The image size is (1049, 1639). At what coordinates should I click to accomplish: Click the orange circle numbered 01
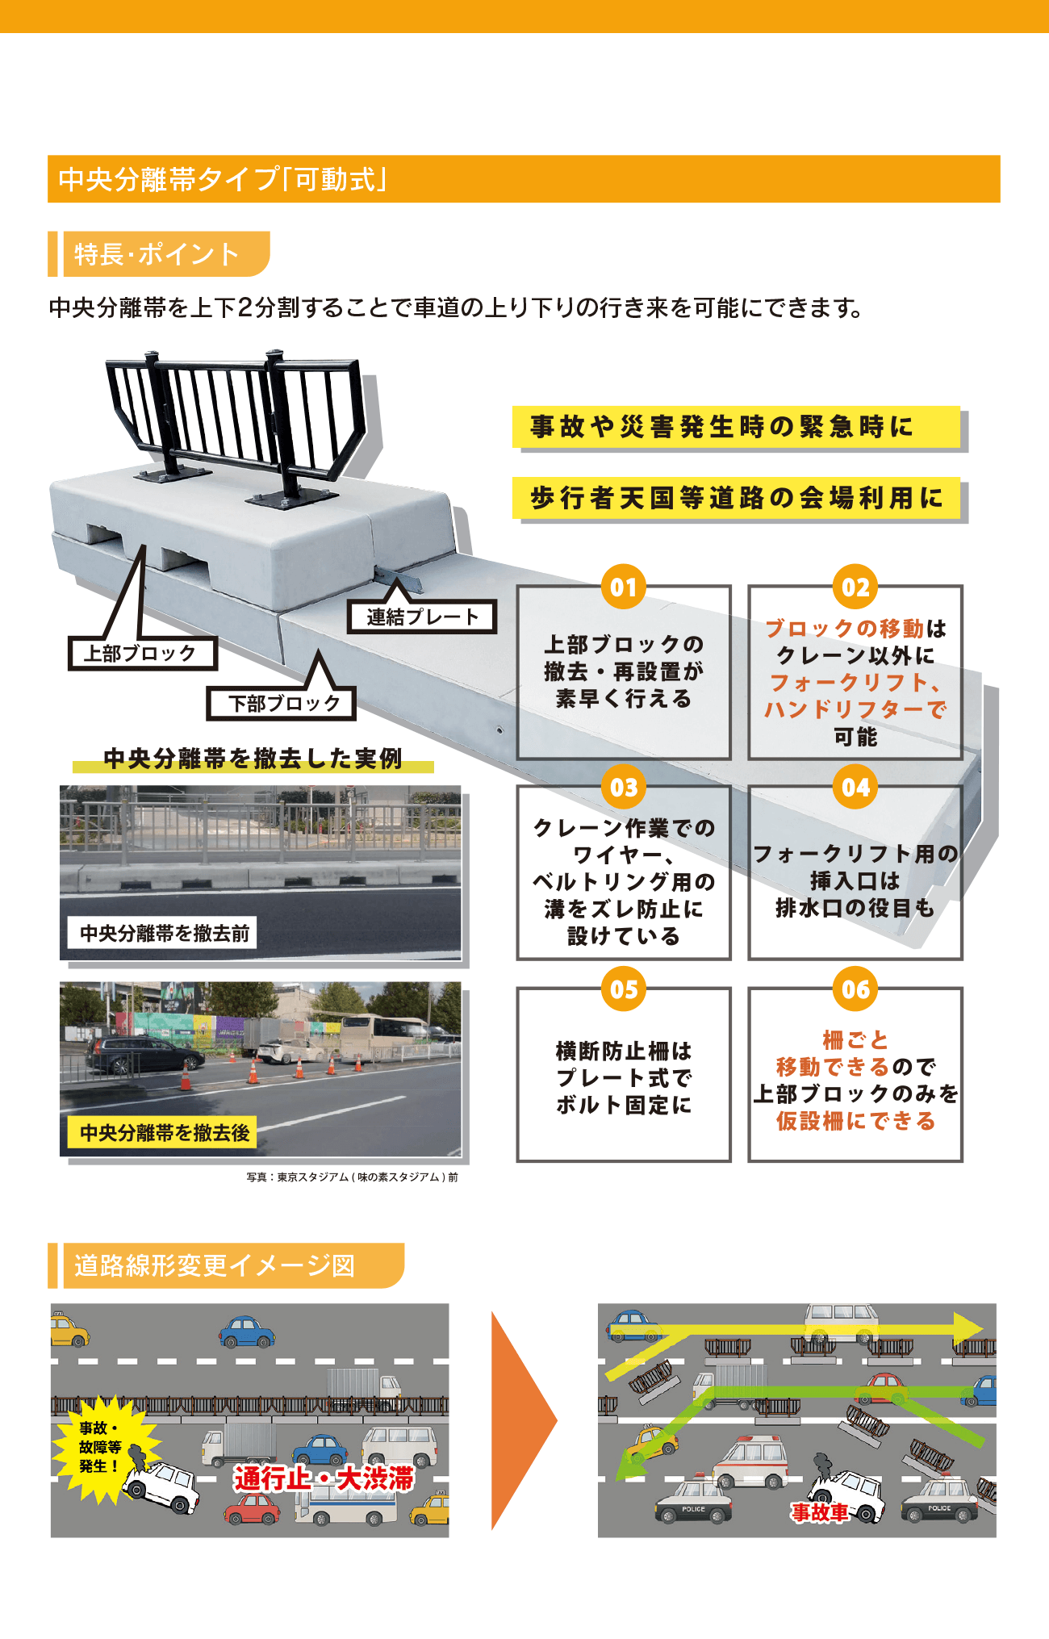pyautogui.click(x=624, y=587)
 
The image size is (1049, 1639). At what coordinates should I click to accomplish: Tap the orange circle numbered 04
pyautogui.click(x=855, y=787)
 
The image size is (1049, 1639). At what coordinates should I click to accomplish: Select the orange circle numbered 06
pyautogui.click(x=855, y=989)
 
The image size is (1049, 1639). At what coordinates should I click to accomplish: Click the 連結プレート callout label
pyautogui.click(x=422, y=617)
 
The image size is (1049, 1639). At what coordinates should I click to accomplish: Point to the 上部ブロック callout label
pyautogui.click(x=143, y=654)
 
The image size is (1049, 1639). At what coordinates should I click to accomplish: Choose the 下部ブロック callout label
pyautogui.click(x=282, y=703)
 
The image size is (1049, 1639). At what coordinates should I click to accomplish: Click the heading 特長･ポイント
pyautogui.click(x=157, y=254)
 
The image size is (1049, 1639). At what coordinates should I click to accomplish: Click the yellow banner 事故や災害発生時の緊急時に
pyautogui.click(x=736, y=427)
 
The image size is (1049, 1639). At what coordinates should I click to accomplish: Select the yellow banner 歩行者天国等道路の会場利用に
pyautogui.click(x=736, y=498)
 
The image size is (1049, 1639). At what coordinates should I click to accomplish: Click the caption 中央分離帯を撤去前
pyautogui.click(x=165, y=934)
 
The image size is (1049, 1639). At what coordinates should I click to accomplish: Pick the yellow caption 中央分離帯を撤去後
pyautogui.click(x=165, y=1133)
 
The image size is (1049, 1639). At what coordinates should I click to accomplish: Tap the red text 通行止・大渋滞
pyautogui.click(x=324, y=1479)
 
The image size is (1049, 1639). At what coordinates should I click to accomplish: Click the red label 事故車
pyautogui.click(x=820, y=1512)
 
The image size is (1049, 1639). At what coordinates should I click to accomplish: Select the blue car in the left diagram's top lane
pyautogui.click(x=247, y=1332)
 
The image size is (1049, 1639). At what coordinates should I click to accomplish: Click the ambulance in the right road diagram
pyautogui.click(x=750, y=1462)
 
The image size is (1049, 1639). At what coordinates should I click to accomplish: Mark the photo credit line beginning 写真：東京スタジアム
pyautogui.click(x=352, y=1177)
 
